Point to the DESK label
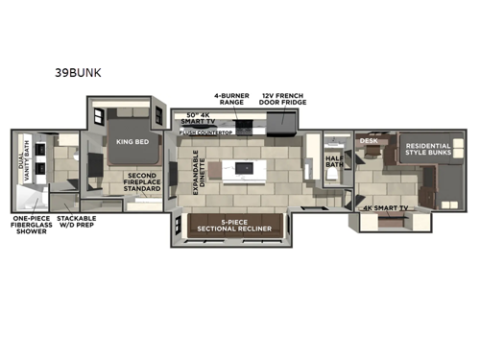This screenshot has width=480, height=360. pyautogui.click(x=369, y=141)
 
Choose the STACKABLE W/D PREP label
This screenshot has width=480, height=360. pyautogui.click(x=76, y=224)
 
